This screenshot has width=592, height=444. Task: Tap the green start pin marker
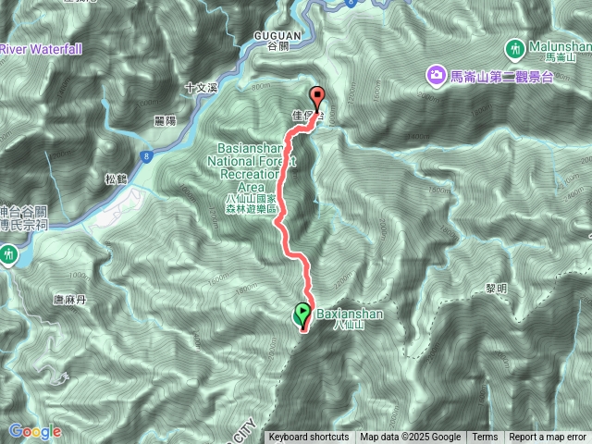302,315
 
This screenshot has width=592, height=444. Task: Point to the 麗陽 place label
166,121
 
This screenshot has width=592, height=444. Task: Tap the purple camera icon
433,74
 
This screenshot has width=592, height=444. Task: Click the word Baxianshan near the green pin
344,314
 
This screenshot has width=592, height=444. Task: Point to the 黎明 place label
496,289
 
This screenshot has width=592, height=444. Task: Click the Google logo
34,431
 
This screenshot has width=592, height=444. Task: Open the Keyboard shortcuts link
308,438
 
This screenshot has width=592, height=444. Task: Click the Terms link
484,438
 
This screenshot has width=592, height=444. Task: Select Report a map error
548,438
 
